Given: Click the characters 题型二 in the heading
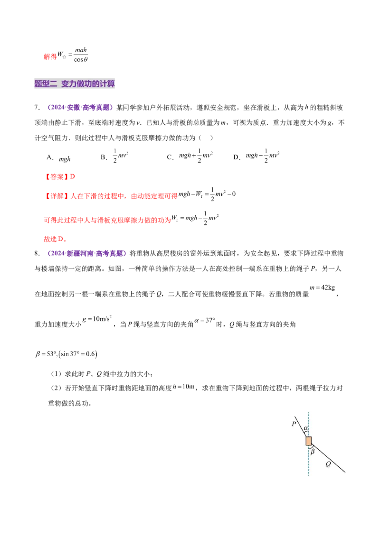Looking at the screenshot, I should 46,84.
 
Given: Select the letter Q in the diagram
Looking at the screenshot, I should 328,464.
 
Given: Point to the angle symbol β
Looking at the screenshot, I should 312,452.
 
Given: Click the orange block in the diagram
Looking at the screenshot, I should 308,441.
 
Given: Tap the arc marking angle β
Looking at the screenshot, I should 311,447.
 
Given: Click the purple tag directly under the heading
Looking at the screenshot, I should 80,108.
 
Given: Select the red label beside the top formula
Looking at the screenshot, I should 49,57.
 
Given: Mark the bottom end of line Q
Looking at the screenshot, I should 345,472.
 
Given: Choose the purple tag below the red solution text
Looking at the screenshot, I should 87,254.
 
